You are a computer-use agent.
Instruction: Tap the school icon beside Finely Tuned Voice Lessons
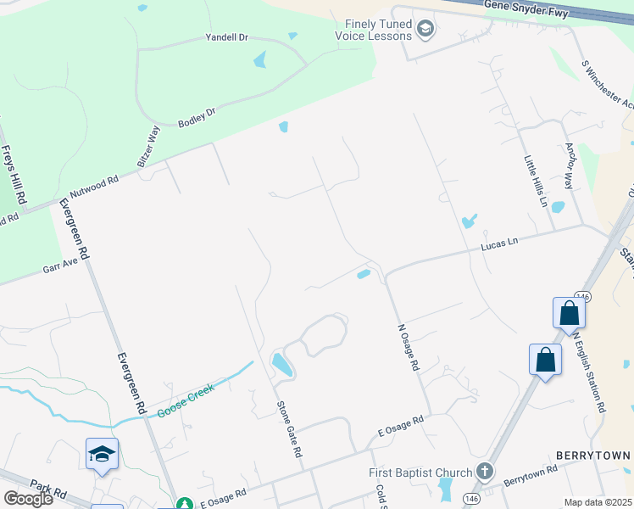(425, 31)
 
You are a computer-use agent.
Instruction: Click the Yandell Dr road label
(227, 38)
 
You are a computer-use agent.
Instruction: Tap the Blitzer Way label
(148, 145)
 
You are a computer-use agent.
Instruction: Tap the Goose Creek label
(185, 402)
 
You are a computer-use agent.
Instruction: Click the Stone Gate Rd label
(289, 429)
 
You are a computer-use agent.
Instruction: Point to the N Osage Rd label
(409, 346)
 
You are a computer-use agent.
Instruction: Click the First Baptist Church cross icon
(484, 471)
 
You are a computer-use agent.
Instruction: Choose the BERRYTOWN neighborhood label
(591, 456)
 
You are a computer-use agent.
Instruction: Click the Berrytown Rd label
(530, 474)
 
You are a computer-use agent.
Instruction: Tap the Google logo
(28, 498)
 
